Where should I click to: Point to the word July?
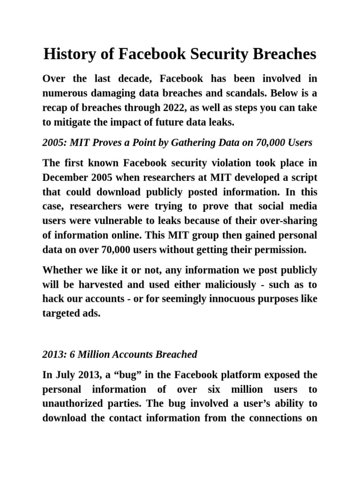(63, 375)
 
